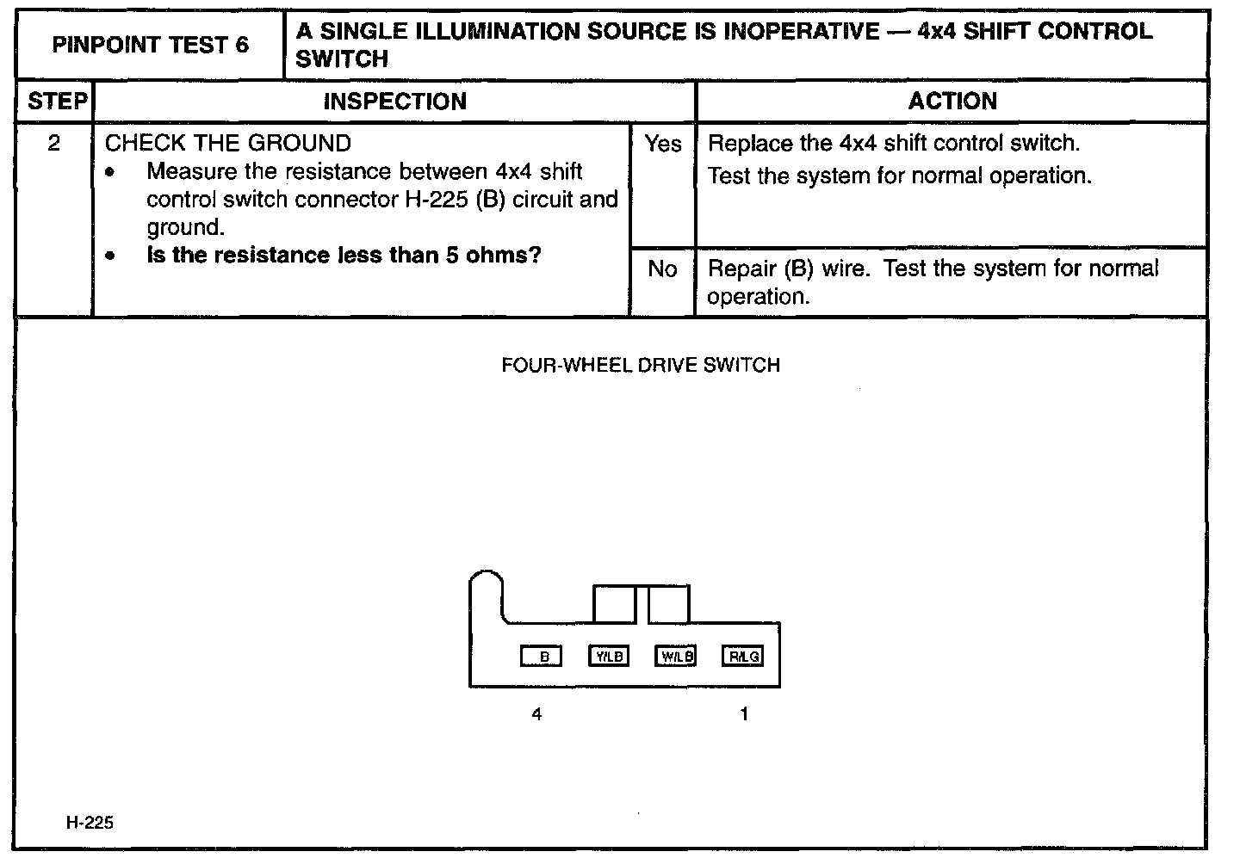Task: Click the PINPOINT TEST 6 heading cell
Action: (x=150, y=46)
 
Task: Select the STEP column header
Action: (x=57, y=102)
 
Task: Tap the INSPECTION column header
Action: (x=394, y=102)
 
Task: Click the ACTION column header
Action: (x=952, y=102)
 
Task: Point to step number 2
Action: (x=54, y=143)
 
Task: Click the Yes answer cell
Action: (x=662, y=144)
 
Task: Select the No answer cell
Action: (x=661, y=269)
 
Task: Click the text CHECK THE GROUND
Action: (x=228, y=143)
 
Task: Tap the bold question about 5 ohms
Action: (x=343, y=256)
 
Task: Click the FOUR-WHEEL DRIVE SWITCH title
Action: (x=640, y=365)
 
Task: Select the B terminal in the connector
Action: (x=542, y=657)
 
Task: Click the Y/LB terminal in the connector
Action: (x=608, y=657)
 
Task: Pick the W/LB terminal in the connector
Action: (x=675, y=657)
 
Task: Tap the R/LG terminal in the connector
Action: (x=743, y=657)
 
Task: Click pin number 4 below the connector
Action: (x=536, y=713)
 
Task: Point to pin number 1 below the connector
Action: (x=744, y=713)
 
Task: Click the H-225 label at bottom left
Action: (x=90, y=823)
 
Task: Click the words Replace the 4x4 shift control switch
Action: (x=893, y=143)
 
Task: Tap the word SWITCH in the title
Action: (x=341, y=59)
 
